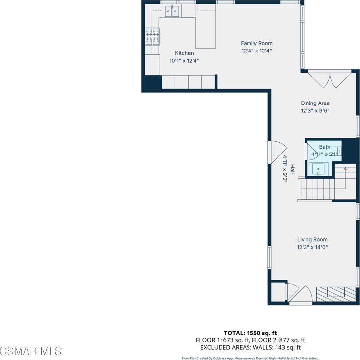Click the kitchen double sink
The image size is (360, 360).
click(x=171, y=11)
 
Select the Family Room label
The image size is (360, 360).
click(x=256, y=43)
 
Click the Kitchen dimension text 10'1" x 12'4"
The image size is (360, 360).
click(x=184, y=61)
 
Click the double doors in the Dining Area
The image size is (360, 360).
click(x=329, y=79)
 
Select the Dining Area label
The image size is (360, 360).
click(x=315, y=103)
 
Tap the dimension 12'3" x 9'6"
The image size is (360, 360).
click(x=315, y=111)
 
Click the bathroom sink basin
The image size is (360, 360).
click(x=319, y=169)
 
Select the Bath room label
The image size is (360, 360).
click(x=325, y=147)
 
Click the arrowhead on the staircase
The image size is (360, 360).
click(x=345, y=169)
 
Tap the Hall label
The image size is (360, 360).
click(x=292, y=169)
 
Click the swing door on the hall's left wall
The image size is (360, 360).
click(x=277, y=151)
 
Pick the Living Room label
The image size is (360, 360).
click(x=312, y=240)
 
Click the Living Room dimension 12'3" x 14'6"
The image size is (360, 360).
click(x=312, y=247)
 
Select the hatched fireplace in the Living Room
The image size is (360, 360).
click(x=335, y=293)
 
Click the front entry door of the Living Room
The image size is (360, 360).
click(x=300, y=294)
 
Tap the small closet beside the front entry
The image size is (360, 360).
click(x=278, y=291)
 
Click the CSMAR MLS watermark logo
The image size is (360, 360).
click(x=31, y=351)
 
